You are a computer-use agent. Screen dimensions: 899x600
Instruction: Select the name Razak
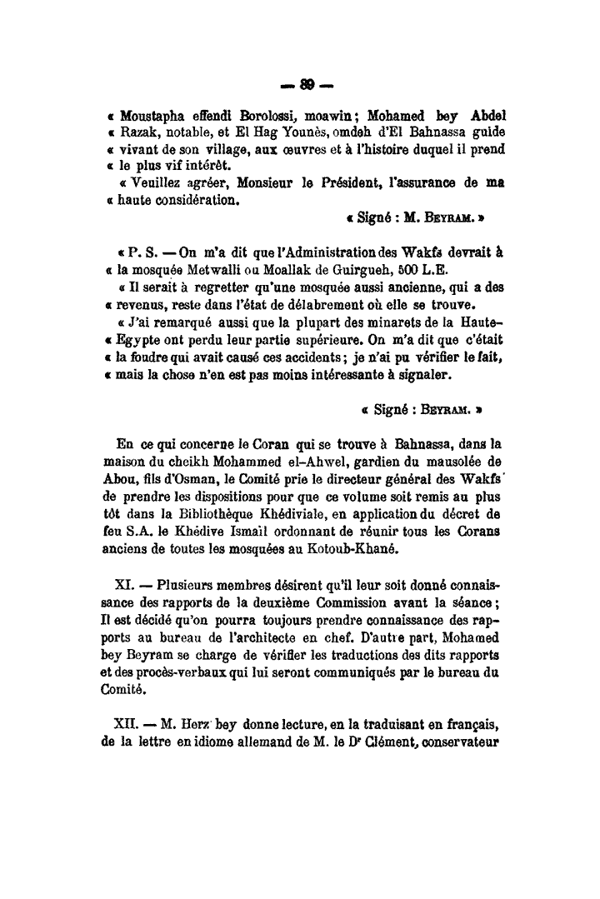(137, 132)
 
